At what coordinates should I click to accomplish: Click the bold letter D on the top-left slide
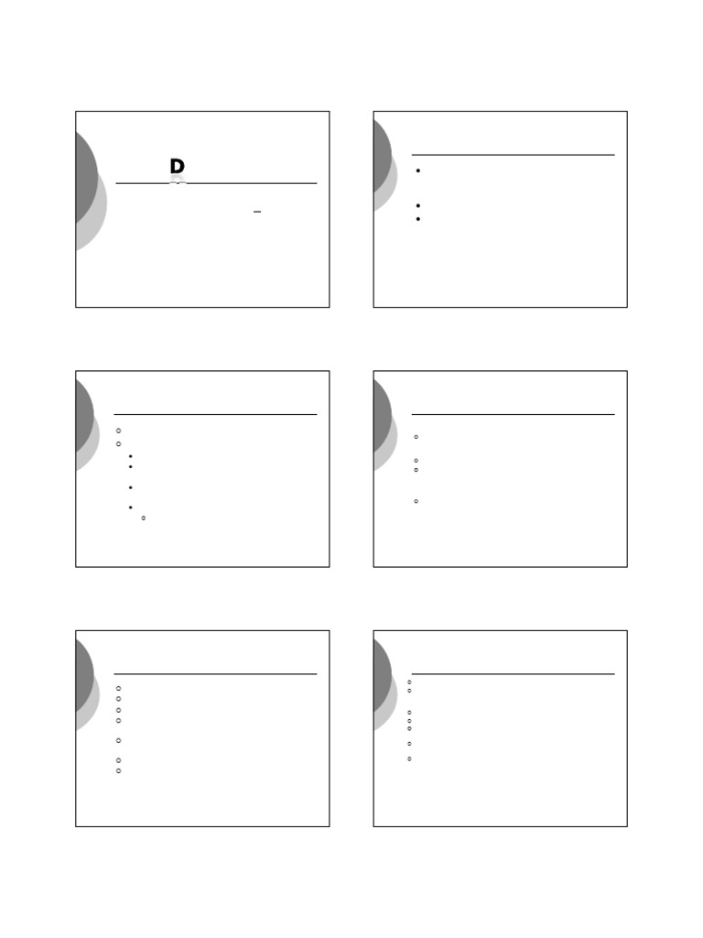click(x=177, y=167)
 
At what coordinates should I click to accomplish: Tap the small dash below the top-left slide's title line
click(x=257, y=212)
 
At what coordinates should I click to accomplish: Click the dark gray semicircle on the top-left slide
click(x=85, y=179)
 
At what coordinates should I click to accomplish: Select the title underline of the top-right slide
click(x=513, y=155)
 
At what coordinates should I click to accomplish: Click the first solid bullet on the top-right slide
click(x=417, y=171)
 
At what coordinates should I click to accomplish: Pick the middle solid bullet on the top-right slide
click(x=417, y=206)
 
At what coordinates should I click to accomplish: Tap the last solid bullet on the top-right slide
click(x=417, y=219)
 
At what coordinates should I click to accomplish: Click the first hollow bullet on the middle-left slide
click(x=119, y=431)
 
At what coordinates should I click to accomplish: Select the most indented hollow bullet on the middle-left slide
click(x=144, y=518)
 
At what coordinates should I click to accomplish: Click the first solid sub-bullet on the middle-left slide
click(x=131, y=456)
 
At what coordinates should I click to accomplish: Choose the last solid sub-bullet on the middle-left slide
click(x=131, y=507)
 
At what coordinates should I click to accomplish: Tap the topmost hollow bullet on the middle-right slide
click(x=416, y=437)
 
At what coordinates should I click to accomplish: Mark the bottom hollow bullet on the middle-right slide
click(x=416, y=501)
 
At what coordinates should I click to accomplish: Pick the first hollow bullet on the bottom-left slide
click(x=119, y=688)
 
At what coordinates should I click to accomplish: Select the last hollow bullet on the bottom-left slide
click(x=119, y=771)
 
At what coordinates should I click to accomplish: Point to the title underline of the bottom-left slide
click(x=215, y=674)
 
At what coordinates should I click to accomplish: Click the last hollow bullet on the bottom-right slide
click(x=409, y=758)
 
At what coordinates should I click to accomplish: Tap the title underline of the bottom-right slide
click(x=513, y=674)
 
